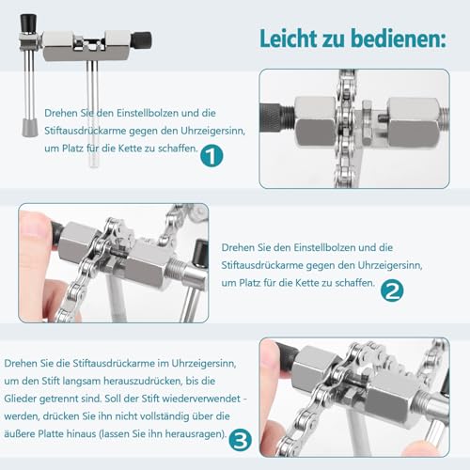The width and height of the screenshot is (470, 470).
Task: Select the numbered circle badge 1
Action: (x=211, y=157)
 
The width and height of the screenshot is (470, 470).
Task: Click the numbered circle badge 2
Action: (x=391, y=291)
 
